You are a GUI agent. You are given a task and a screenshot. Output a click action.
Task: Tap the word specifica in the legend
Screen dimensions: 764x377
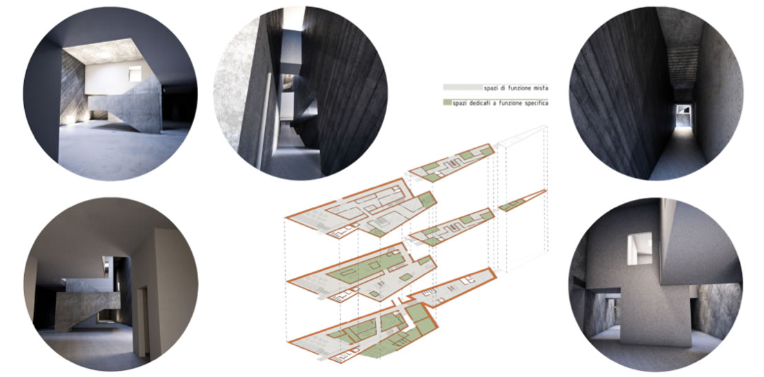point(534,103)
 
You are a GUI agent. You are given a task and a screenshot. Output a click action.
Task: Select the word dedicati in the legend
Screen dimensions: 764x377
point(480,103)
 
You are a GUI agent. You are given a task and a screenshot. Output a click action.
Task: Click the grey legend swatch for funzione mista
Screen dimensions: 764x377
point(462,88)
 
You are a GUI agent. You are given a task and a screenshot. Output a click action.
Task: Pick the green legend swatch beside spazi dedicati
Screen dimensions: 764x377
point(447,103)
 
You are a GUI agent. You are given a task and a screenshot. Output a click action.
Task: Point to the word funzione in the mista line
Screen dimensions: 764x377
point(516,88)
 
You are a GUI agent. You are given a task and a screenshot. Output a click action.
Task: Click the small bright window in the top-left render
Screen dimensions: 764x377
point(134,74)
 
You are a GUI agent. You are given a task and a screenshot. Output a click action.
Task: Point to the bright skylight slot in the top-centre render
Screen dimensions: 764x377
point(293,17)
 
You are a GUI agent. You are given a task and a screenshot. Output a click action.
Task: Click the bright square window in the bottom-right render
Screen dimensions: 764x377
point(640,249)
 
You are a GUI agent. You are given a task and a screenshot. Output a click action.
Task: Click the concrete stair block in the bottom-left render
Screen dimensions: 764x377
point(86,307)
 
